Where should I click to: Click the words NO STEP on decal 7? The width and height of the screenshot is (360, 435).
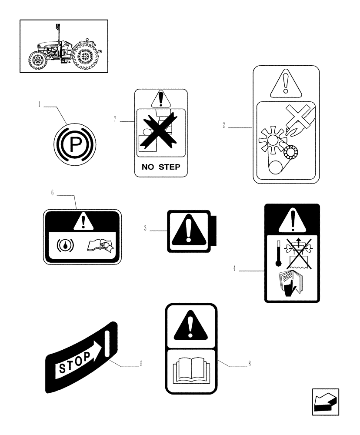tap(161, 167)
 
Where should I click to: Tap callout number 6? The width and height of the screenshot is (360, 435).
tap(52, 193)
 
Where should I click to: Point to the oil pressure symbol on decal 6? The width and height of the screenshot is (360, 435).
tap(65, 246)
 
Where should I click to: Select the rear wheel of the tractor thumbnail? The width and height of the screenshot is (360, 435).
tap(86, 57)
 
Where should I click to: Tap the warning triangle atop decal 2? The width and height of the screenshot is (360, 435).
tap(286, 84)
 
